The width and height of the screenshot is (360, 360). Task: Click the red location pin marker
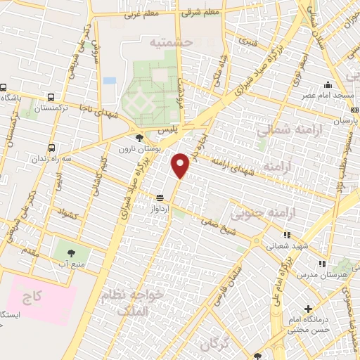[181, 165]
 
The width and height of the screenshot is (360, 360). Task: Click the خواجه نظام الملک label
[123, 302]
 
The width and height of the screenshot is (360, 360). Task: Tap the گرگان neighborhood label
[214, 345]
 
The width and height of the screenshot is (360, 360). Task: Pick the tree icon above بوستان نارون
[139, 138]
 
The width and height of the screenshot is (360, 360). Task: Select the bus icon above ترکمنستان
[51, 98]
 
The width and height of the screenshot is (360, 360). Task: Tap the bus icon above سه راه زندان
[51, 148]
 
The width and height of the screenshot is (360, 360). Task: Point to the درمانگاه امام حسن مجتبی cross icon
[307, 308]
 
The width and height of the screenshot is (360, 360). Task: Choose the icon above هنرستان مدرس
[321, 264]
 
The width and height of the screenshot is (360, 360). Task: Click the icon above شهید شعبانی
[286, 236]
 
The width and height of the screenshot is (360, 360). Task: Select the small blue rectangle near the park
[109, 81]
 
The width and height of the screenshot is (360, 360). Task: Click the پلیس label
[167, 131]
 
